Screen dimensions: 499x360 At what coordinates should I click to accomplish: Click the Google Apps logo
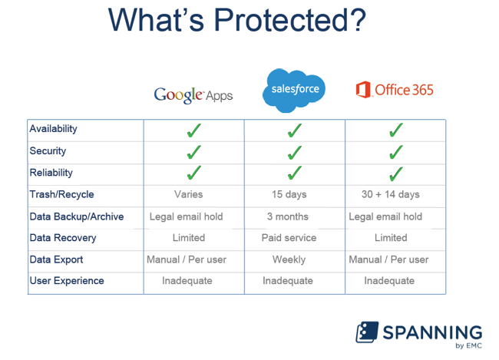click(193, 95)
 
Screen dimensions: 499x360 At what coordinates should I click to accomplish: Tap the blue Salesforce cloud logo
click(294, 91)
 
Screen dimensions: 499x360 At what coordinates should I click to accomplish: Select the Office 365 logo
click(395, 90)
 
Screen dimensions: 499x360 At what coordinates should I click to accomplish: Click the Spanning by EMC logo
click(419, 335)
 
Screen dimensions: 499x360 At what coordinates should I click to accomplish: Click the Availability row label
click(54, 129)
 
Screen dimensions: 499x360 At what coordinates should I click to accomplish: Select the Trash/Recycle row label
click(61, 194)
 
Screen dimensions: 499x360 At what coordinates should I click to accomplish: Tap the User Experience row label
click(67, 281)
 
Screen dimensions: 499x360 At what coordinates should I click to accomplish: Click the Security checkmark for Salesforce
click(294, 153)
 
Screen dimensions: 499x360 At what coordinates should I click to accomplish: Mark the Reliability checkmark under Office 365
click(396, 173)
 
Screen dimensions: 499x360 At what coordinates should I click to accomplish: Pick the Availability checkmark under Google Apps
click(193, 130)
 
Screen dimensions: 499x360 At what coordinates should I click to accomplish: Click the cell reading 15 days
click(289, 194)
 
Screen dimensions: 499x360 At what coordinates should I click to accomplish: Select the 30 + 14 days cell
click(391, 194)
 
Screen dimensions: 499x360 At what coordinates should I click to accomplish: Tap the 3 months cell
click(288, 216)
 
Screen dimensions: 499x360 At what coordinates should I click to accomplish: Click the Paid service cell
click(289, 238)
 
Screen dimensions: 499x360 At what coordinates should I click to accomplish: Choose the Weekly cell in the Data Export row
click(289, 259)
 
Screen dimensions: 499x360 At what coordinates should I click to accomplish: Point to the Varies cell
click(188, 194)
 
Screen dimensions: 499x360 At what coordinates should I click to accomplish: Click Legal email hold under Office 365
click(385, 216)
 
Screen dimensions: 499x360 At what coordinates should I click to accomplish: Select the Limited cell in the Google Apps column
click(189, 238)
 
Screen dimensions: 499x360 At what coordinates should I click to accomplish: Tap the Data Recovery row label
click(63, 238)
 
